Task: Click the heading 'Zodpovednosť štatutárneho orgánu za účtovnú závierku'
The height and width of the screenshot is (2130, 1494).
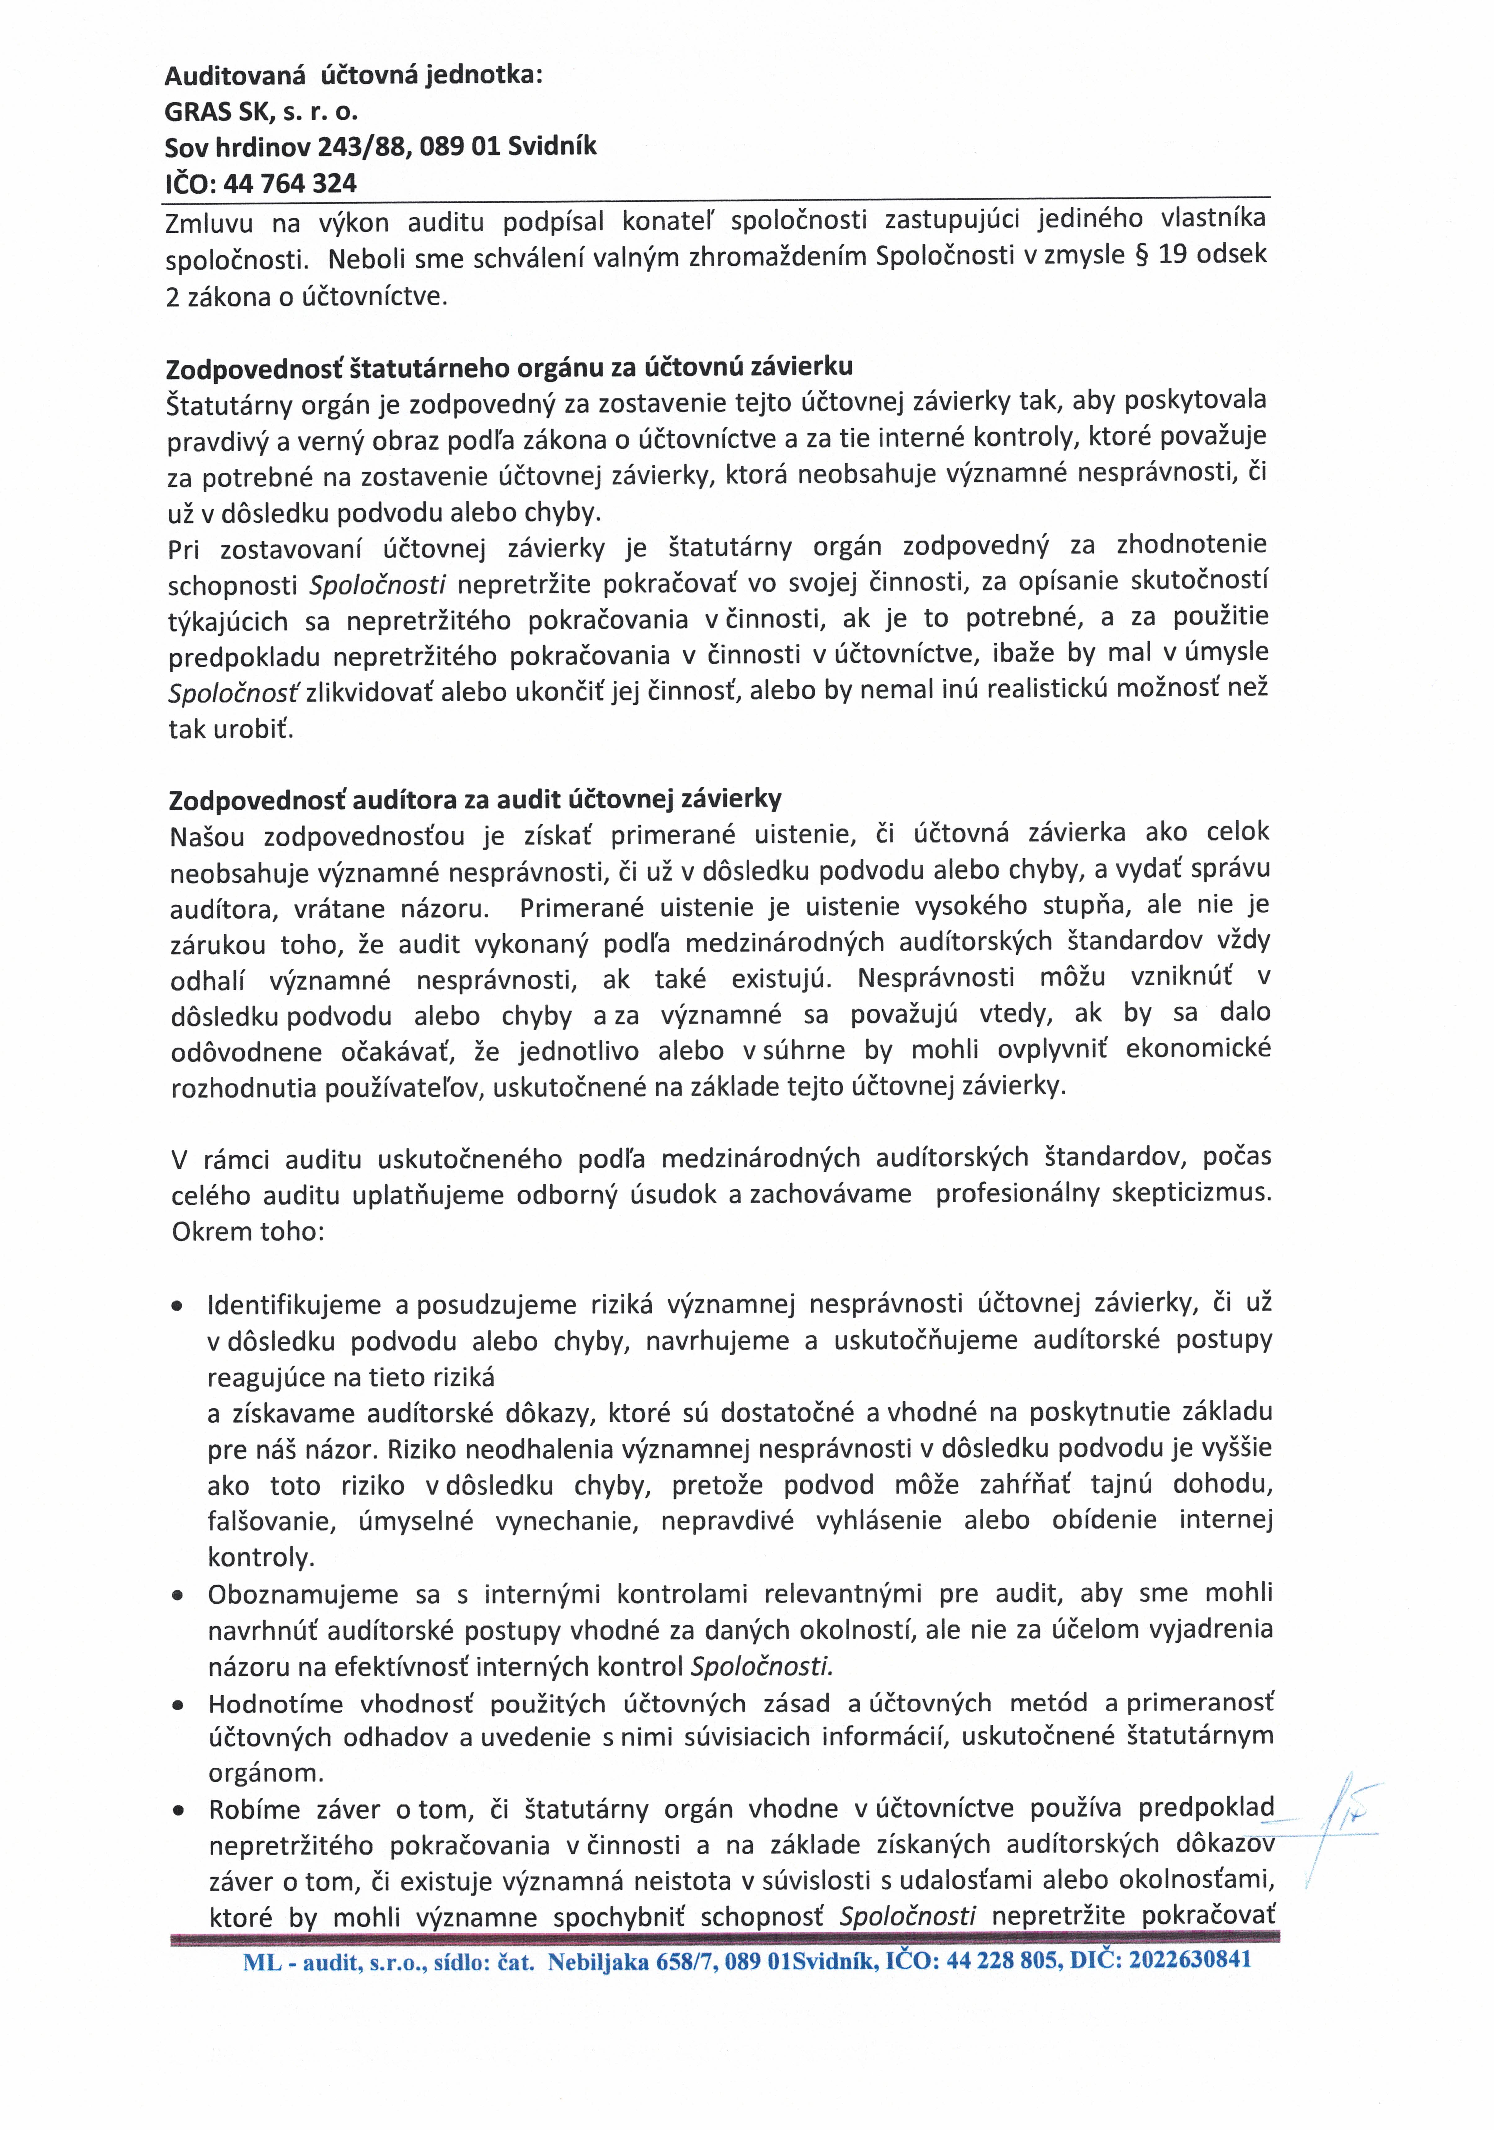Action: (508, 367)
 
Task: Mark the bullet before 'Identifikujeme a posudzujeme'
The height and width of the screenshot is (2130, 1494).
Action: (176, 1307)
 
